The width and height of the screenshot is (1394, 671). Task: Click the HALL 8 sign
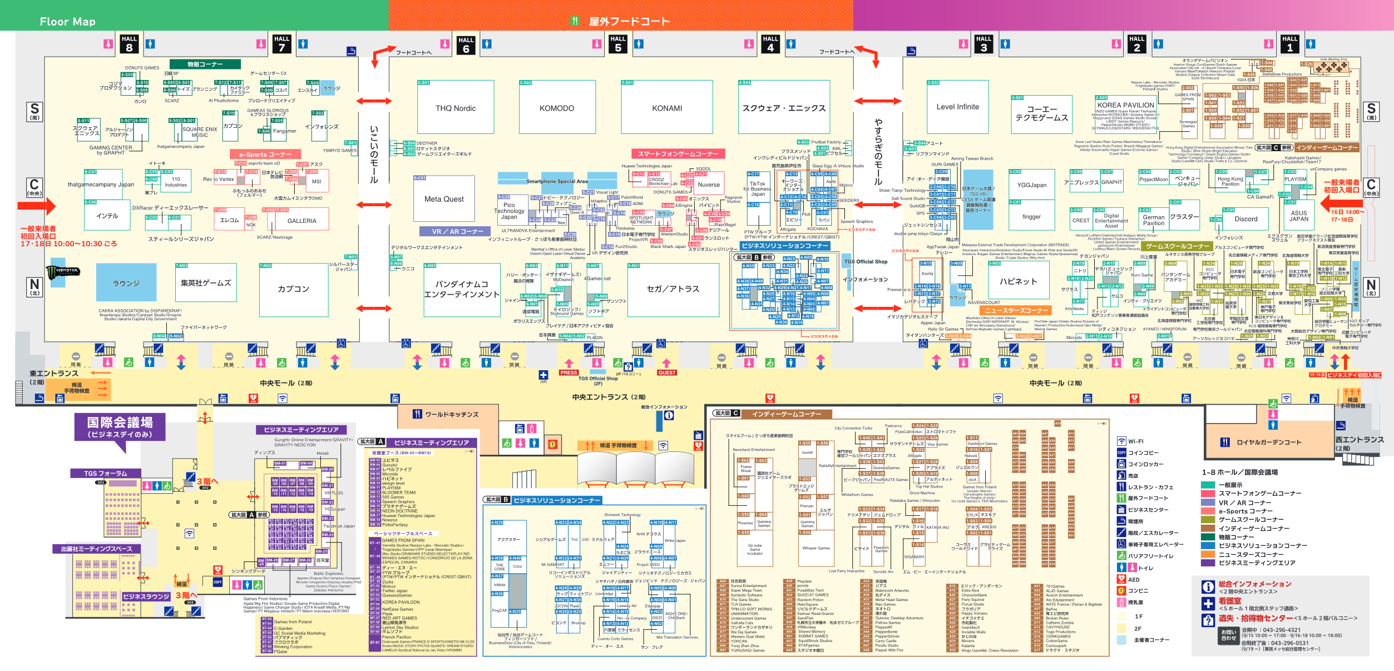click(129, 44)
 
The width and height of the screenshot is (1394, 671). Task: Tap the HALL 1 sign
click(1289, 44)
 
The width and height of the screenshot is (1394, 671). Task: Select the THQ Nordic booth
click(456, 108)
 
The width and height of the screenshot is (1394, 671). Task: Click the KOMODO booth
click(556, 108)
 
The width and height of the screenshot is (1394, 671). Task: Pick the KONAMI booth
click(666, 108)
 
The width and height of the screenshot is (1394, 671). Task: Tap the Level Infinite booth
click(957, 107)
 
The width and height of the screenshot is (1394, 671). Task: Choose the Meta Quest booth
click(444, 199)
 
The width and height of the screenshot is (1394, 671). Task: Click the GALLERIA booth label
click(301, 221)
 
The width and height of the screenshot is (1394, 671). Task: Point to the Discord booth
click(1246, 219)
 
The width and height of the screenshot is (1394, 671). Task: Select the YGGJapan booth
click(1032, 185)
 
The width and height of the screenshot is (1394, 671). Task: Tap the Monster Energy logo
click(66, 272)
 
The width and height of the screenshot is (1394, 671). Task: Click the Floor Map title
click(67, 22)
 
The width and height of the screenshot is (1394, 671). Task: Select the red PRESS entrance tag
click(569, 372)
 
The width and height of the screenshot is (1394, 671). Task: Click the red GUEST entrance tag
click(666, 372)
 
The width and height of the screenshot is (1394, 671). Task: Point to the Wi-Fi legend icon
click(1121, 441)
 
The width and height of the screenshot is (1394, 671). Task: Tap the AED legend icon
click(1121, 579)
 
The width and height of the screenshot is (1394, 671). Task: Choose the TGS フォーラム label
click(105, 474)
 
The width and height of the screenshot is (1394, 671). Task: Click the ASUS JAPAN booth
click(1299, 216)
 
